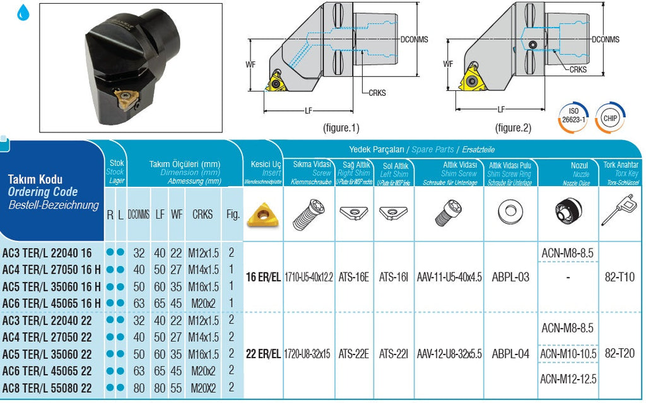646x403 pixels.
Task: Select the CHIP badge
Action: pyautogui.click(x=610, y=118)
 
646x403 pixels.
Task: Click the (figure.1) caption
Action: pyautogui.click(x=341, y=128)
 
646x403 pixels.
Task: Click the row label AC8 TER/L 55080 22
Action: pyautogui.click(x=47, y=387)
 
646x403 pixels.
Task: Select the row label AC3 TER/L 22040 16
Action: pyautogui.click(x=47, y=253)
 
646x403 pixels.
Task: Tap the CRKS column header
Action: pyautogui.click(x=203, y=214)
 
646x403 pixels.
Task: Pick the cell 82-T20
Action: pyautogui.click(x=620, y=354)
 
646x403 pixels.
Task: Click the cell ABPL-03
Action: pyautogui.click(x=510, y=277)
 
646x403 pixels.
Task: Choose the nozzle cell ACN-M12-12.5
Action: pyautogui.click(x=568, y=379)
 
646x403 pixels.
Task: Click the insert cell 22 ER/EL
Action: pyautogui.click(x=263, y=354)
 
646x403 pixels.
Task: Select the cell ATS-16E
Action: pyautogui.click(x=354, y=277)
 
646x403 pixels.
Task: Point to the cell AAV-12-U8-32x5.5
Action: pyautogui.click(x=449, y=354)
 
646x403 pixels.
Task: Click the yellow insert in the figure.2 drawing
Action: pyautogui.click(x=473, y=79)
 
